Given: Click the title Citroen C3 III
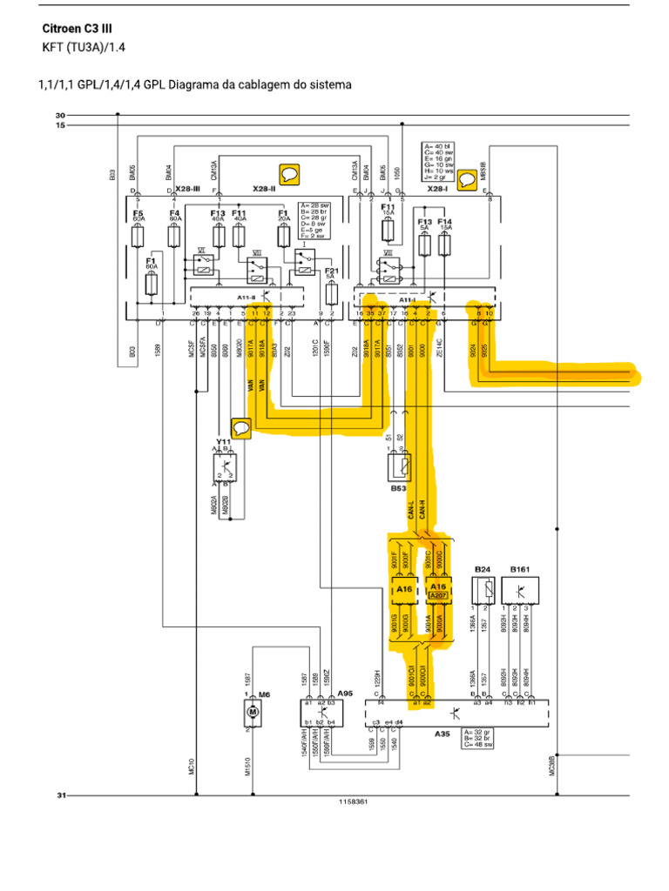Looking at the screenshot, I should (77, 29).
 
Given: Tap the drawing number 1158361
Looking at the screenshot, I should (353, 801).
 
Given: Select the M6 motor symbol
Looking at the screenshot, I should (253, 713).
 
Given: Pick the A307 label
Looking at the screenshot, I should (437, 595).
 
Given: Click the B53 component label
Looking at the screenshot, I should (398, 489).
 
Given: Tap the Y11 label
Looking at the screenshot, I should (222, 442).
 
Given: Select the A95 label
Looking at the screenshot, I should (346, 693).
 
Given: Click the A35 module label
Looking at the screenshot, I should (442, 734).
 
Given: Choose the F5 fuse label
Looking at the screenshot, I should (138, 213).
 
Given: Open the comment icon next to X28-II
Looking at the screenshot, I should (289, 174).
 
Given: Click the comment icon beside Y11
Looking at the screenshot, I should (241, 426).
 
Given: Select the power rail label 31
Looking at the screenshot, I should (60, 794).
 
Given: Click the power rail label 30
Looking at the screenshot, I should (60, 115).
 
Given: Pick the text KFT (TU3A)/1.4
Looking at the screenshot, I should (78, 47).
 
